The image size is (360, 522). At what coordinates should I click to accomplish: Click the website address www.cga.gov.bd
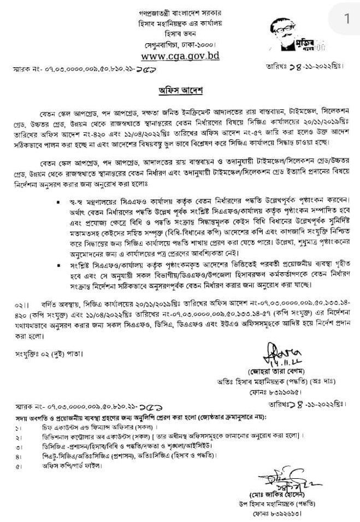click(x=180, y=56)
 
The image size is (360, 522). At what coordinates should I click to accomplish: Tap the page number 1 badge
click(x=346, y=19)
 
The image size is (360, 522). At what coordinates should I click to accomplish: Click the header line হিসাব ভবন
click(x=180, y=34)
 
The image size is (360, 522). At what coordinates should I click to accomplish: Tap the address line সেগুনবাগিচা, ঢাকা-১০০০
click(x=180, y=44)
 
